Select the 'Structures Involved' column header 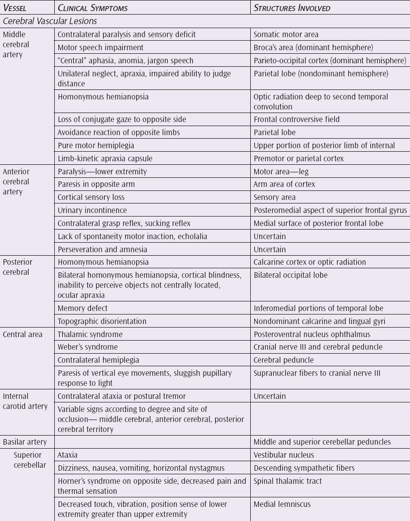tap(291, 8)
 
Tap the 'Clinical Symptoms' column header tap(92, 8)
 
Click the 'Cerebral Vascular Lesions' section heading tap(50, 22)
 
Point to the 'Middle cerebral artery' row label tap(16, 44)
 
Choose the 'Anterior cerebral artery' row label tap(16, 181)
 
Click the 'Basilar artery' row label tap(25, 442)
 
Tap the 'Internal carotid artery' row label tap(25, 401)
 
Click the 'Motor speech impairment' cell tap(100, 48)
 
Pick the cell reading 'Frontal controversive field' tap(296, 120)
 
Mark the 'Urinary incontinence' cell tap(92, 211)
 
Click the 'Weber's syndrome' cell tap(88, 347)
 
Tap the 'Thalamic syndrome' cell tap(90, 334)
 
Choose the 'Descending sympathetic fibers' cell tap(304, 468)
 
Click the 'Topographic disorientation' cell tap(102, 321)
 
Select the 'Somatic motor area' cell tap(286, 35)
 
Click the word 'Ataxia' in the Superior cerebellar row tap(68, 455)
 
